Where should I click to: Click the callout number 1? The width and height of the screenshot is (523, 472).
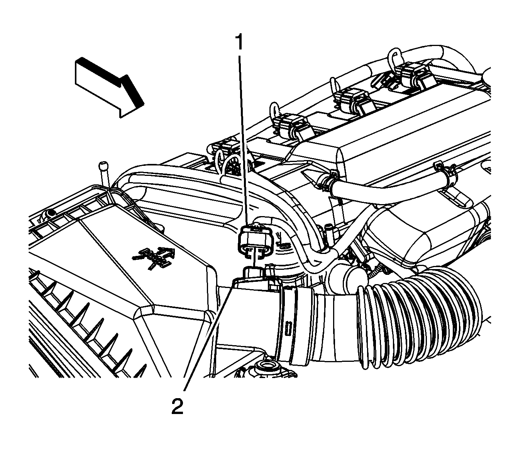tap(239, 42)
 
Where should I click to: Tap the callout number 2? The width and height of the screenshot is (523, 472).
tap(178, 407)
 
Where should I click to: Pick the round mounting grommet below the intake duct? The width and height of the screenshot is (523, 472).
tap(268, 368)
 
